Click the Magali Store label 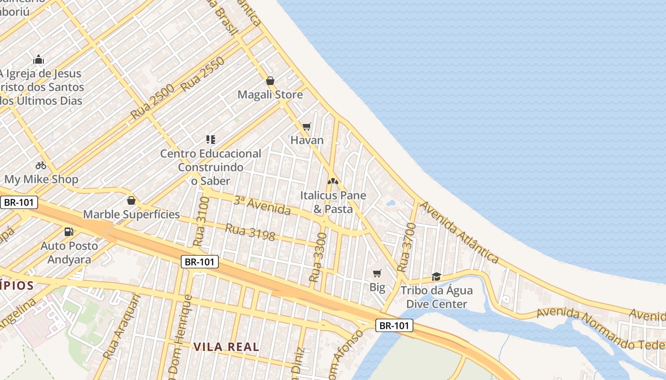coord(270,95)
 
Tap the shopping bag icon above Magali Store coord(270,81)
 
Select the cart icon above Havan coord(307,126)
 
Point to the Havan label coord(307,140)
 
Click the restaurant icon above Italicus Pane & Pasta coord(333,181)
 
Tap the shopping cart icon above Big coord(377,273)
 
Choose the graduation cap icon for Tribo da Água coord(436,276)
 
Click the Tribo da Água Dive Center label coord(437,297)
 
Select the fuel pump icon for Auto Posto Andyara coord(69,232)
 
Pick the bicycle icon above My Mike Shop coord(41,165)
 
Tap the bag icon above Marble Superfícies coord(131,200)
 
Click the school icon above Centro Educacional coord(210,140)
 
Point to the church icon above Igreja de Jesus coord(39,59)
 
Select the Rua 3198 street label coord(250,232)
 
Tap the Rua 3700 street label coord(406,247)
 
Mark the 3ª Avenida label coord(262,205)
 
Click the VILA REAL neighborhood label coord(226,347)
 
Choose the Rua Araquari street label coord(122,327)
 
